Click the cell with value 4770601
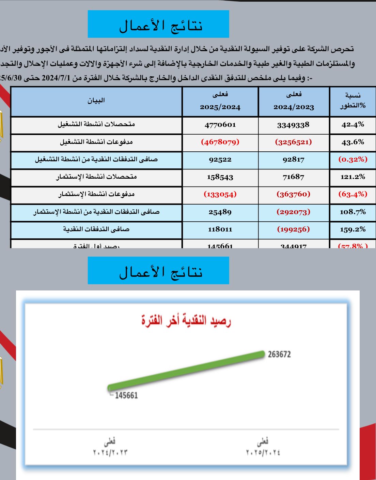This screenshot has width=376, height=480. [220, 125]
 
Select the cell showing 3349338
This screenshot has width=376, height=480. [293, 125]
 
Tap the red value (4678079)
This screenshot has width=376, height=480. [220, 142]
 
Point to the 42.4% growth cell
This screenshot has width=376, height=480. [353, 125]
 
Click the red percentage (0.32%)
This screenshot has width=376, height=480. [353, 160]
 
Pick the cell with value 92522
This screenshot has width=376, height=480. [220, 160]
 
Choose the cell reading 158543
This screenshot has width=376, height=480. [220, 177]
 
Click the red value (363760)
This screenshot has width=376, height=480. [293, 194]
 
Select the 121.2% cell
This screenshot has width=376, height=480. [353, 177]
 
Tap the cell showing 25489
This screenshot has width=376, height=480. [220, 212]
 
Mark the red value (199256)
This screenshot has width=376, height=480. [293, 229]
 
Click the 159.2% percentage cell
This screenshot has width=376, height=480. [353, 229]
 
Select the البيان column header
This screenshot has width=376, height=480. [96, 101]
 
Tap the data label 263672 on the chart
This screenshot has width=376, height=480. [279, 354]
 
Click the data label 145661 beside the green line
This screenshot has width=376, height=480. [126, 395]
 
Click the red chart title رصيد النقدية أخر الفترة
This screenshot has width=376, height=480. [186, 320]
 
